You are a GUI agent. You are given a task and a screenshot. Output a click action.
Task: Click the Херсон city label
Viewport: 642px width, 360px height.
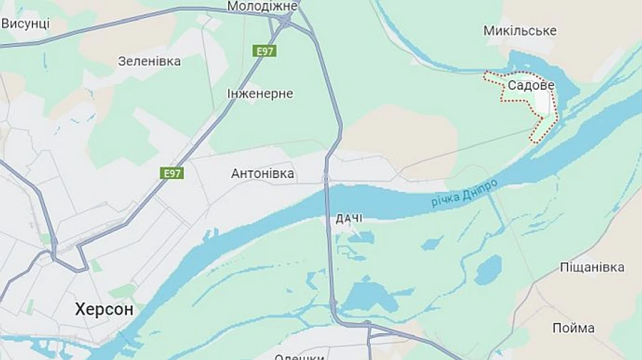104,309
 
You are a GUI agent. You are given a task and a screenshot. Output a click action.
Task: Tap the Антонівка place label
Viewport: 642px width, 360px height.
263,173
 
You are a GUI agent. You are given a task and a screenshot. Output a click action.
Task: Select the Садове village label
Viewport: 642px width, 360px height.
531,86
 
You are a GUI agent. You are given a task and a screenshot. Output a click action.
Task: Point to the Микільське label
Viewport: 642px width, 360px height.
520,31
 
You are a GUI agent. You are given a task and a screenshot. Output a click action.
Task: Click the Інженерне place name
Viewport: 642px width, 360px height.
260,93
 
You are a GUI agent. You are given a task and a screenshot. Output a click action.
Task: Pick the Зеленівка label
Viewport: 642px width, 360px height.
149,61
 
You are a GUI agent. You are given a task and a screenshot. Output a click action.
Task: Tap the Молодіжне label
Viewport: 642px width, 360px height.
262,6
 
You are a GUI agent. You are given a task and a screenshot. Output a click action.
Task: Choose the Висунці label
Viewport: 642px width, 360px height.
25,23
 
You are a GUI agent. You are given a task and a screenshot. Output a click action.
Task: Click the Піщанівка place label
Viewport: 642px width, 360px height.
592,267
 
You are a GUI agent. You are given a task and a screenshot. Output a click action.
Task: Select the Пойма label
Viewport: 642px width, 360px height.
574,328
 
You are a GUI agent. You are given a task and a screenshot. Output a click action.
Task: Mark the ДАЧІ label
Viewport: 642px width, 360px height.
350,218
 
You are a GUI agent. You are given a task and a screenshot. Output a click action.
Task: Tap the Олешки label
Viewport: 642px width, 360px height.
300,356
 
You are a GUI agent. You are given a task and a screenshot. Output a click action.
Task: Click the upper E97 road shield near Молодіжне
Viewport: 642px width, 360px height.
265,51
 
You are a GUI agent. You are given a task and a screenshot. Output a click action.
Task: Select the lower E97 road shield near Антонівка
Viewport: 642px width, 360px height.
172,173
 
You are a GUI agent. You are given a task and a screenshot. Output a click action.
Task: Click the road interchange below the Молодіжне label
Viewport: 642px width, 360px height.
285,23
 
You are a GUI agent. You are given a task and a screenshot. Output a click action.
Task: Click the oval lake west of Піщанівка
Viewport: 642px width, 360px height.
489,269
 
